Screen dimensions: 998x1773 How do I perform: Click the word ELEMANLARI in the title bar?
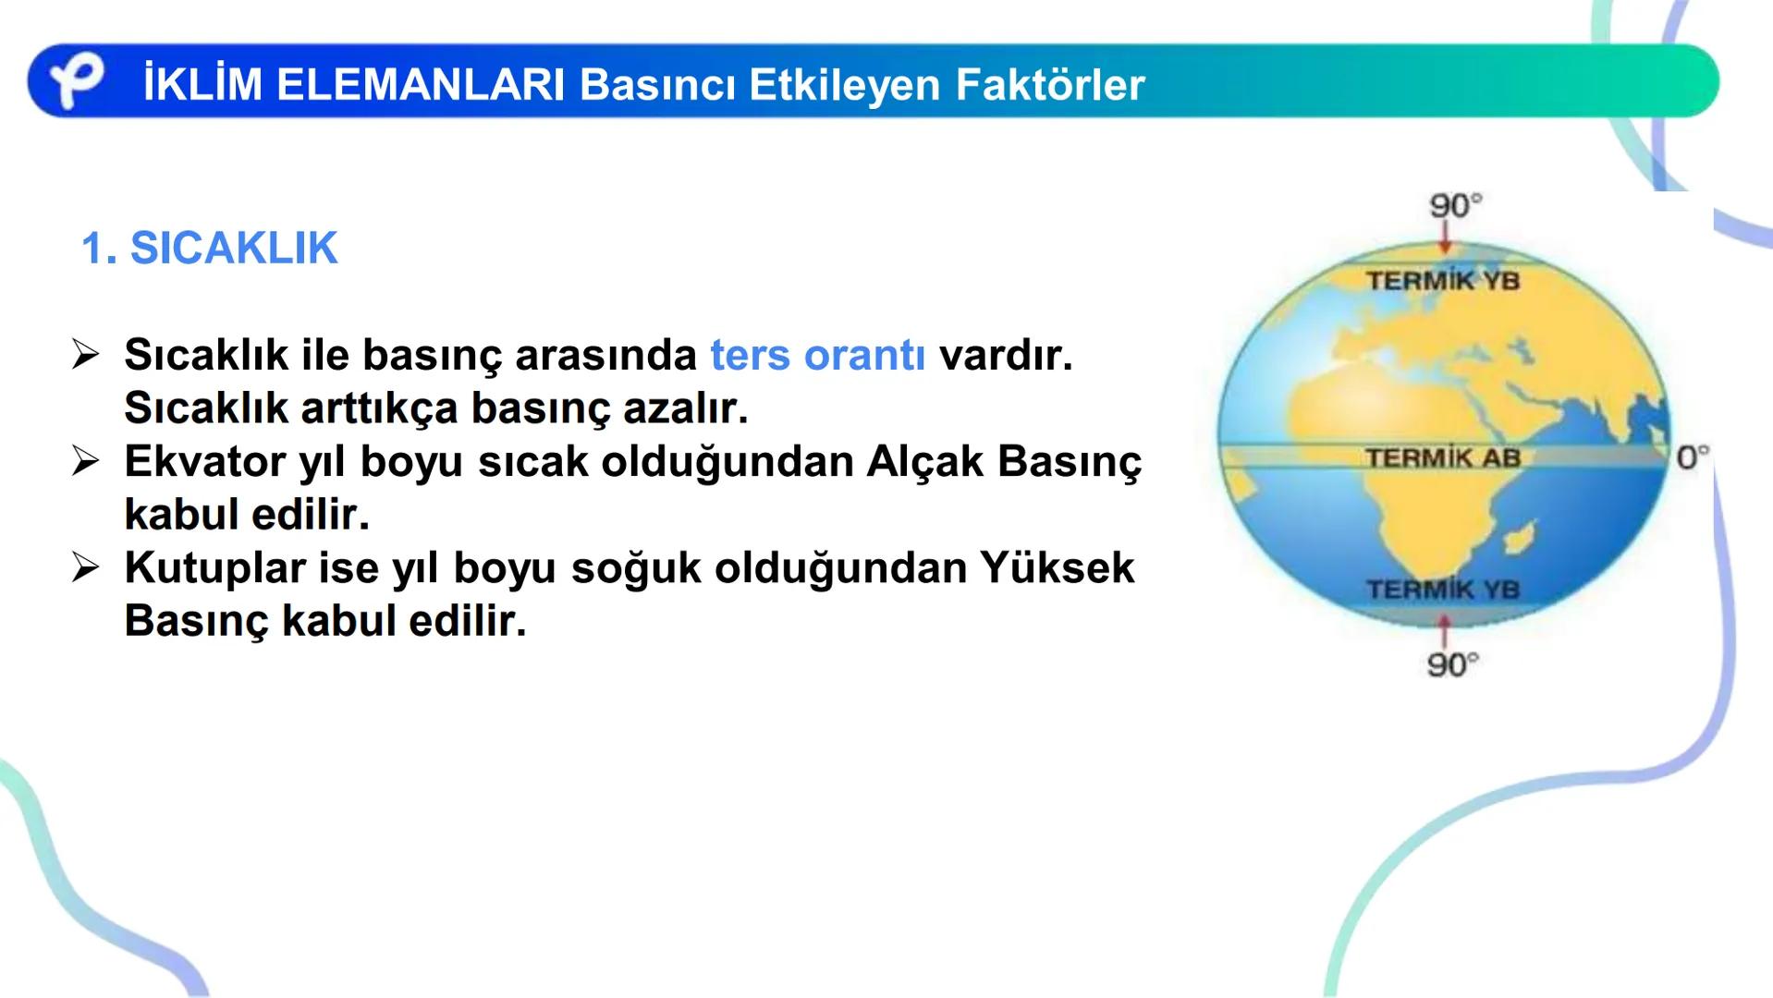coord(420,85)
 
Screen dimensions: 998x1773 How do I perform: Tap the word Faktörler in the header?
coord(1049,85)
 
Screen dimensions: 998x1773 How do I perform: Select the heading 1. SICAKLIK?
coord(210,249)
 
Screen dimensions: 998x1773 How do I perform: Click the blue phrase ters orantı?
coord(817,356)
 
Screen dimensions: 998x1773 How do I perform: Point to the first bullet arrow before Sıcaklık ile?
coord(85,355)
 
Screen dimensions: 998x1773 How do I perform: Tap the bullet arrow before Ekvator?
coord(85,461)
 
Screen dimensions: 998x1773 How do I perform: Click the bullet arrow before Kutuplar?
coord(85,567)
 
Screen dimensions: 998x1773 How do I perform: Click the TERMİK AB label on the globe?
coord(1442,457)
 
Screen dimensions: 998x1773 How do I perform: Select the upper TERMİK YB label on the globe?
coord(1442,281)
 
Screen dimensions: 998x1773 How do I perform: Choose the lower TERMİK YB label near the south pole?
coord(1442,590)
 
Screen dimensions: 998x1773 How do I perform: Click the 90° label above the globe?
coord(1454,205)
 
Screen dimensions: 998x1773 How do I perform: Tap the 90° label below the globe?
coord(1451,664)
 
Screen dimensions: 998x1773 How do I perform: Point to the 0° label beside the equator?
coord(1692,456)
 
